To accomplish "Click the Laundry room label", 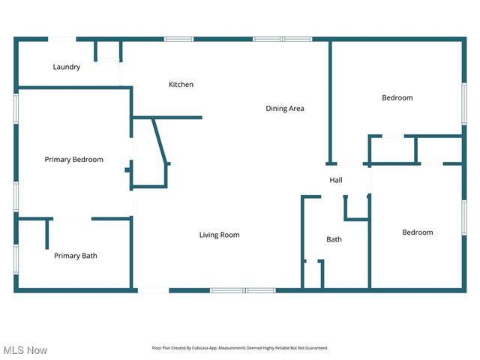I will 67,67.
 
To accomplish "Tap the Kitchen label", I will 181,85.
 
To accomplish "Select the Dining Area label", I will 285,109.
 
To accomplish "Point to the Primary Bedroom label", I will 74,160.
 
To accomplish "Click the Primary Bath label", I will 75,256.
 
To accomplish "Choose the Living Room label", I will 219,235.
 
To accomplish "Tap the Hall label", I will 336,181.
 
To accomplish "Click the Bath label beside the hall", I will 334,240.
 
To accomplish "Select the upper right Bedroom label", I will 397,98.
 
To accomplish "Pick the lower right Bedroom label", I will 417,232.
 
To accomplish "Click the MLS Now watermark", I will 25,350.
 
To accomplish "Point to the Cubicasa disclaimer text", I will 240,348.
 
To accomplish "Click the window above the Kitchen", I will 179,39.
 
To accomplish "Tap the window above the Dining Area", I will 282,39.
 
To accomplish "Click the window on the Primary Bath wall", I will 16,256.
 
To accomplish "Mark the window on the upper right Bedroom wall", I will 463,101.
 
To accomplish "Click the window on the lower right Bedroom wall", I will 463,218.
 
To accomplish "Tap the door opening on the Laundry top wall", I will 62,39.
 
